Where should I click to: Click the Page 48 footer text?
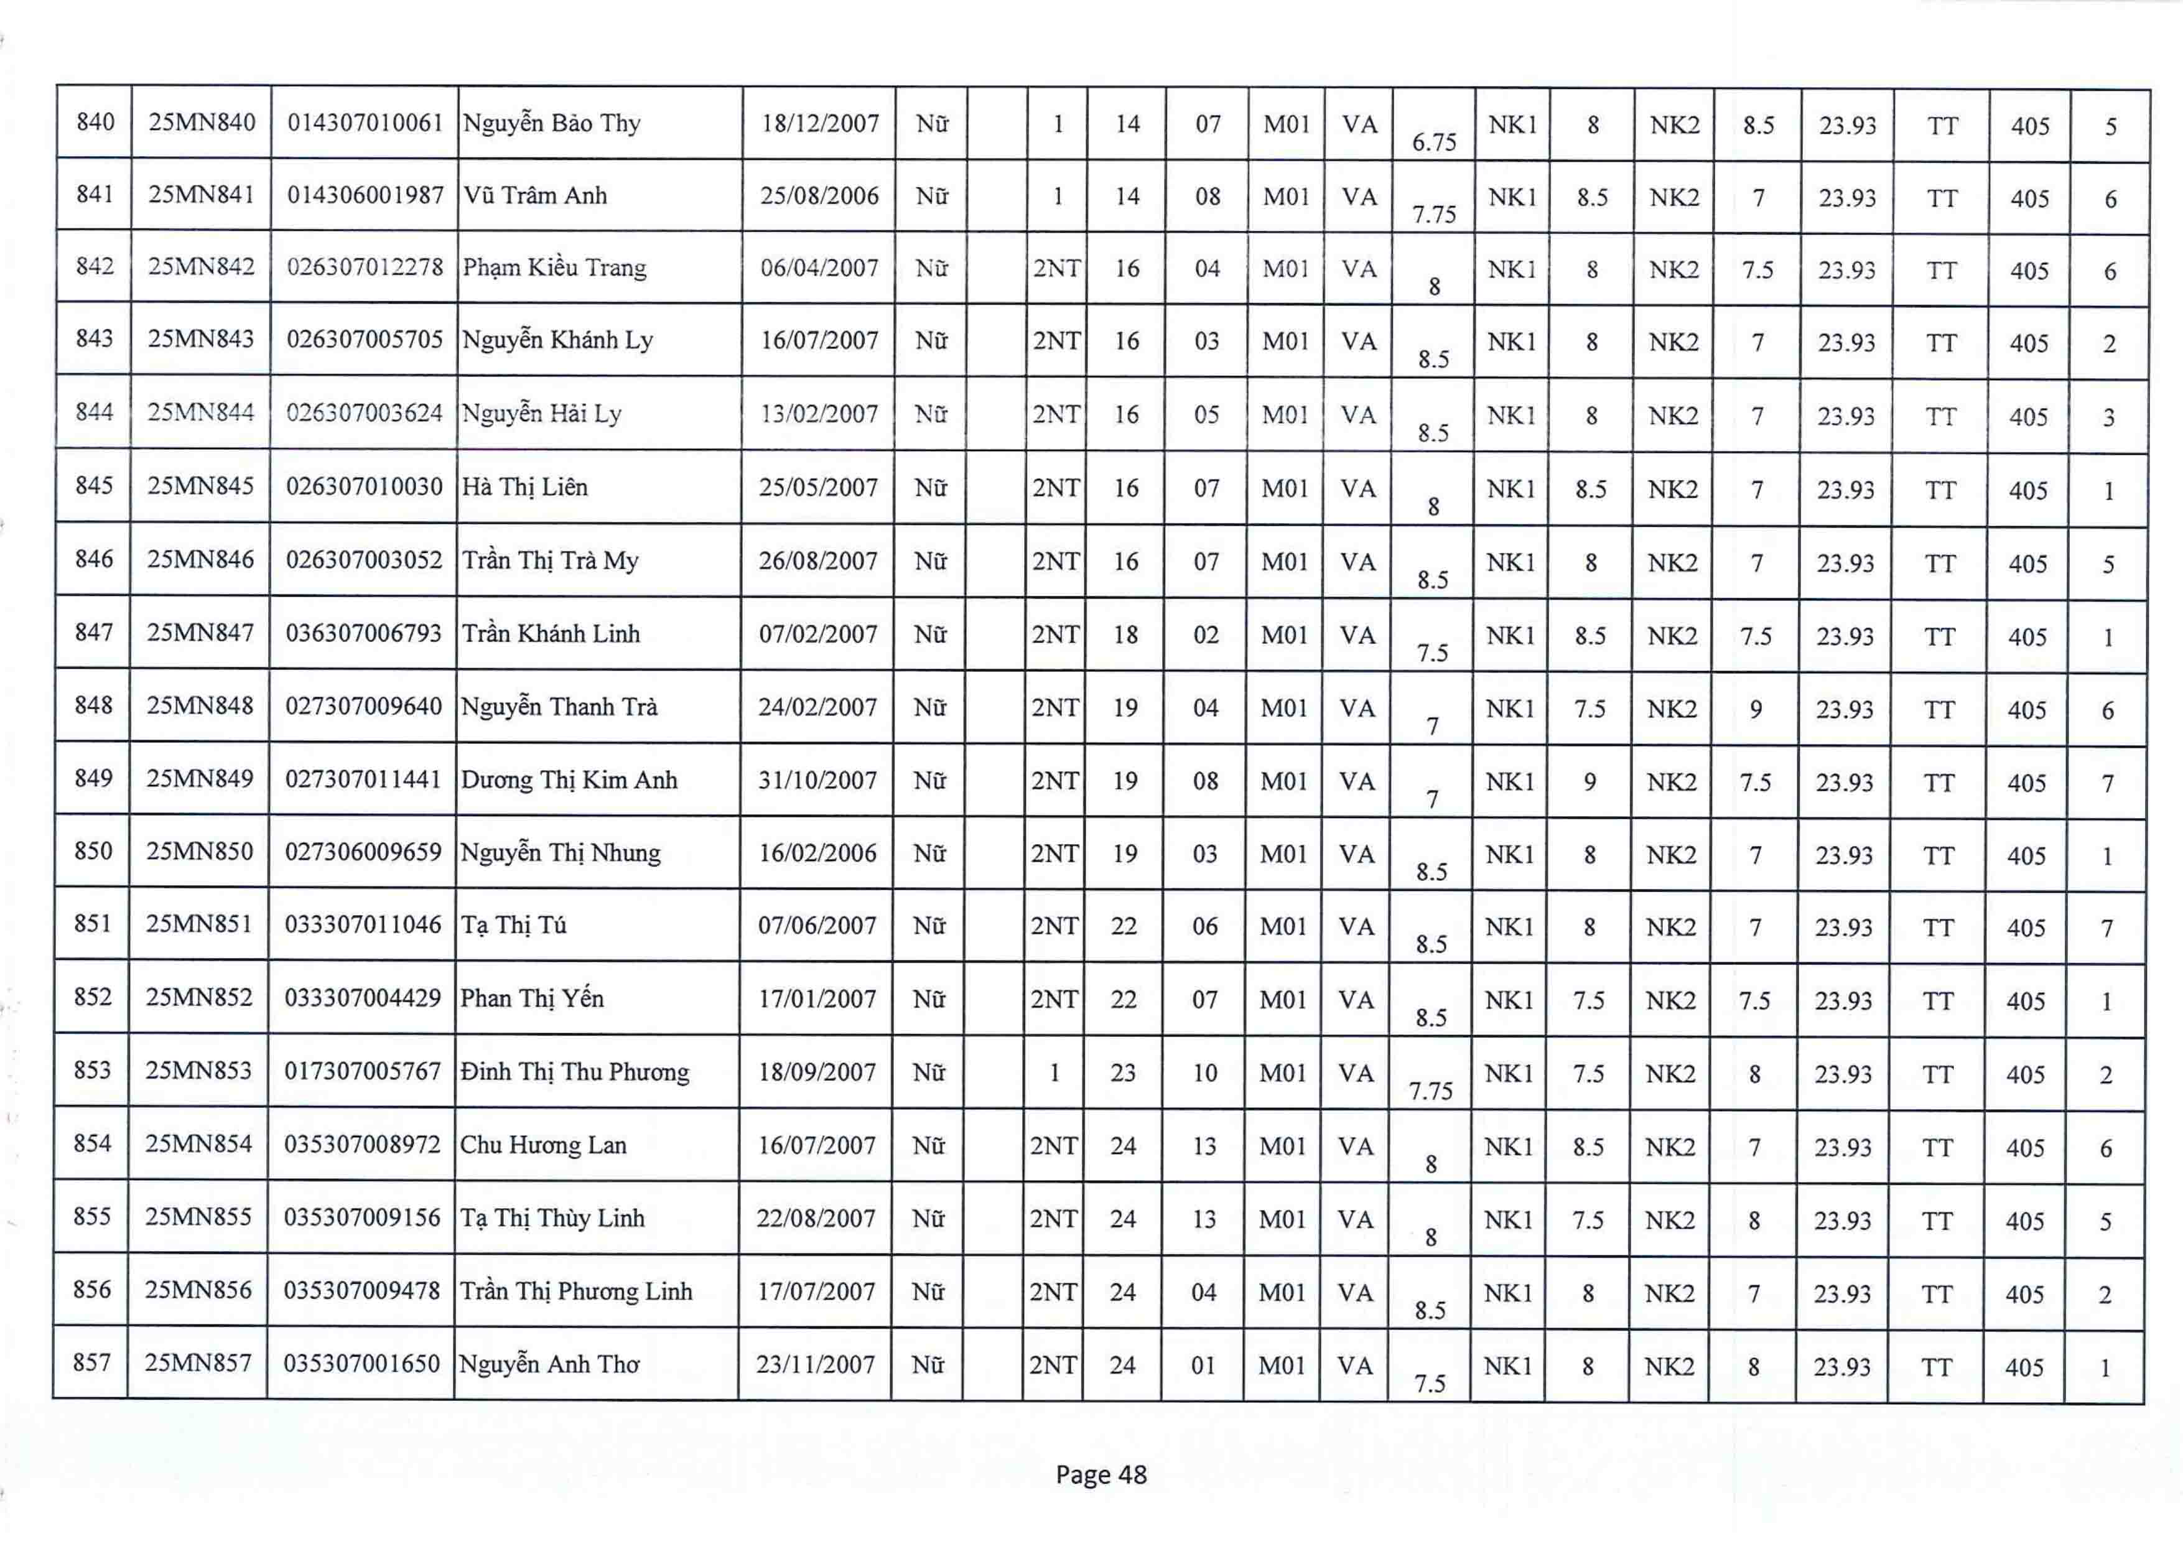[1101, 1474]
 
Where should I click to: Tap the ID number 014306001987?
[365, 196]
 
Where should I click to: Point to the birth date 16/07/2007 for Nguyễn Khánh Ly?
[819, 340]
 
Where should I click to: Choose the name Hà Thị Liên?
[525, 488]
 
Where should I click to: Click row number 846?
[94, 559]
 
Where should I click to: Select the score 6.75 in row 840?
[1434, 142]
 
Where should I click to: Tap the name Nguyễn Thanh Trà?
[559, 707]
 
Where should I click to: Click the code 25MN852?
[198, 997]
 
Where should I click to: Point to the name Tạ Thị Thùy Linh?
[552, 1219]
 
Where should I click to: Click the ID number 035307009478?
[362, 1291]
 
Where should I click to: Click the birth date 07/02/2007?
[817, 634]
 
